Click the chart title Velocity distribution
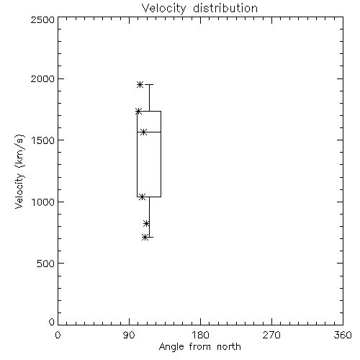click(x=199, y=8)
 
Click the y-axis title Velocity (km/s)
click(x=19, y=171)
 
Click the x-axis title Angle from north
click(x=199, y=346)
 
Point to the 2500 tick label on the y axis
click(x=42, y=19)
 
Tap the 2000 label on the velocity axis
click(x=42, y=78)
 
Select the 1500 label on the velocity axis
click(x=43, y=140)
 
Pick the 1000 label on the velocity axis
click(x=43, y=202)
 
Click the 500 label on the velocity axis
click(x=46, y=264)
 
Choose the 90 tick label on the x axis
click(x=129, y=335)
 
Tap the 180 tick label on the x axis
click(x=200, y=335)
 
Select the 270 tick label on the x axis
click(x=271, y=335)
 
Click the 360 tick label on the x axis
click(x=343, y=335)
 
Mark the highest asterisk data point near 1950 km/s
click(x=140, y=84)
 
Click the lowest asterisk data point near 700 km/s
click(x=145, y=238)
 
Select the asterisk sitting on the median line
click(x=143, y=132)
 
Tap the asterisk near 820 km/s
click(x=146, y=223)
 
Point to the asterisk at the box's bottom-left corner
click(x=142, y=197)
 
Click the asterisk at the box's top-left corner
click(x=138, y=111)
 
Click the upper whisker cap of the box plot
click(x=149, y=84)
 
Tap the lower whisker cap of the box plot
click(x=149, y=237)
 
